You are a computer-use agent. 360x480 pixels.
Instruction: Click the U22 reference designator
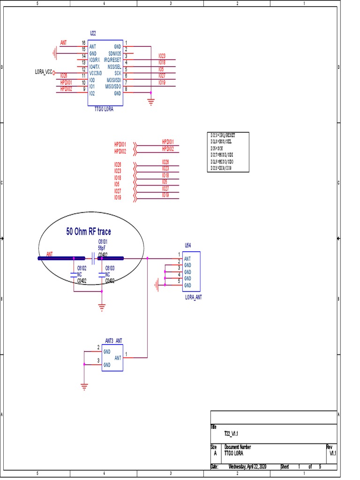[93, 34]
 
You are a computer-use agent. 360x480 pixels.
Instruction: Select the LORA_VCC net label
[43, 72]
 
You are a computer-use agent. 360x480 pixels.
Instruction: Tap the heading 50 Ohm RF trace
[89, 232]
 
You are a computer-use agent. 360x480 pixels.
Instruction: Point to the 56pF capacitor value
[101, 247]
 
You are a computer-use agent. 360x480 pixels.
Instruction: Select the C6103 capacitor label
[110, 268]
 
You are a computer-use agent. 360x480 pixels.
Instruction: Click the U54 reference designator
[188, 245]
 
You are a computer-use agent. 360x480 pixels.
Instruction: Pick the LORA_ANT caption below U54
[194, 297]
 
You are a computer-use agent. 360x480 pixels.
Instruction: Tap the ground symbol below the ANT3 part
[84, 386]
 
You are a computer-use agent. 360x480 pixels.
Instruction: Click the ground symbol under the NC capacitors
[102, 307]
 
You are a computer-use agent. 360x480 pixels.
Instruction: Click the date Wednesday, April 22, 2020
[247, 467]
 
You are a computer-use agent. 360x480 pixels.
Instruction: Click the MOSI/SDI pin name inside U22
[114, 80]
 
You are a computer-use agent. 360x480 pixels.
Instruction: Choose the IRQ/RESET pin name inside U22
[112, 60]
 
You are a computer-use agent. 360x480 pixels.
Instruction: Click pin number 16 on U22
[83, 43]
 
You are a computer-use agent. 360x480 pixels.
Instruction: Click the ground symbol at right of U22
[150, 101]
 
